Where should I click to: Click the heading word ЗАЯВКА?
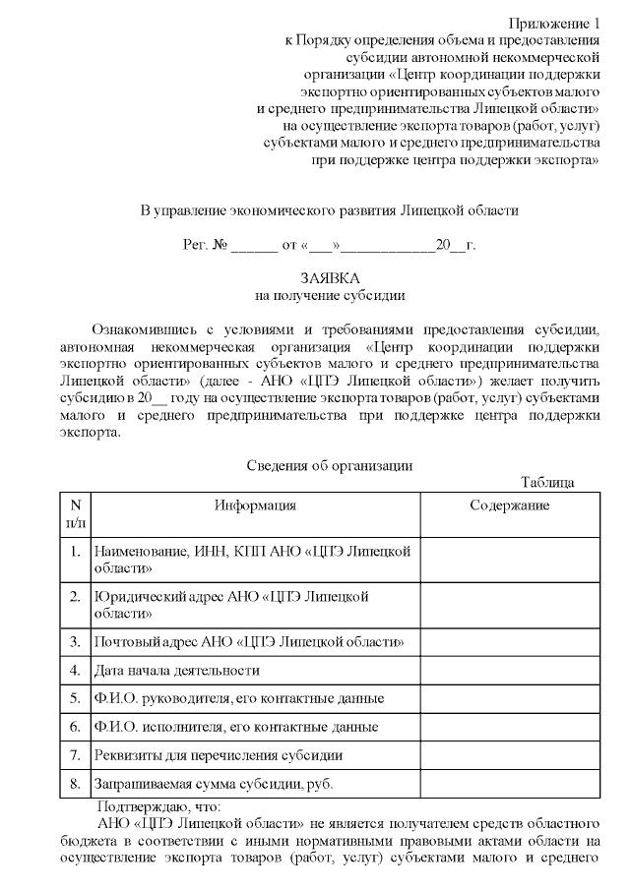329,278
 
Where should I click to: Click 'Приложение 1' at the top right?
554,23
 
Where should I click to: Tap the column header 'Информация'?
255,505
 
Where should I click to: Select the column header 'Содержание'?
509,505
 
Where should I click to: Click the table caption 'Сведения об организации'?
328,465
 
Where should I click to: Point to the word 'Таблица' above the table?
547,482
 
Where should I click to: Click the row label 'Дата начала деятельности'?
176,671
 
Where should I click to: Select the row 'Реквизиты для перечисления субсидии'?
218,755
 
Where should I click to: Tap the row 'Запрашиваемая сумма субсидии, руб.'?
213,784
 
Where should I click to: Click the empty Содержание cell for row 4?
509,671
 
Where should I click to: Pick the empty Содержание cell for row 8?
509,784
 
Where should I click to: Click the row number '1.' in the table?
75,551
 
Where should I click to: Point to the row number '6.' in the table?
75,727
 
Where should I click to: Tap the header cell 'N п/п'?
75,514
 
